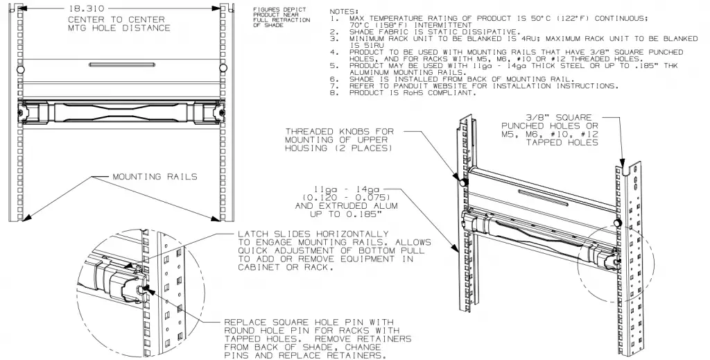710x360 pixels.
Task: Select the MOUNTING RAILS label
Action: click(155, 177)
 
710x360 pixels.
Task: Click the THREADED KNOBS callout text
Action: click(339, 139)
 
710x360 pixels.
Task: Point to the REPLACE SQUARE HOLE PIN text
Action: click(318, 339)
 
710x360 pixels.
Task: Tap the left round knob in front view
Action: click(21, 70)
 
